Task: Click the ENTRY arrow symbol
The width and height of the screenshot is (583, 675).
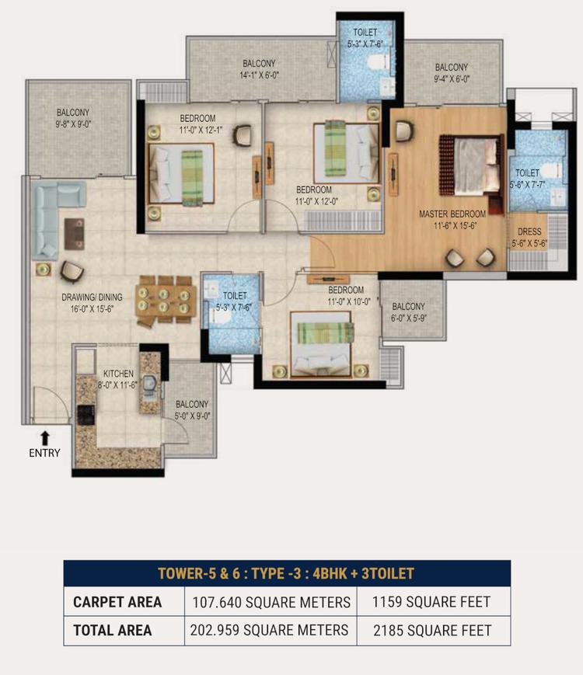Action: pyautogui.click(x=44, y=438)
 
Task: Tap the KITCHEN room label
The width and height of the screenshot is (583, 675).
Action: pyautogui.click(x=118, y=374)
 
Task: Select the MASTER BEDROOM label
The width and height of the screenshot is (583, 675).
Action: pyautogui.click(x=452, y=214)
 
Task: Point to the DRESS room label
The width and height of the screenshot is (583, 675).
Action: pyautogui.click(x=529, y=231)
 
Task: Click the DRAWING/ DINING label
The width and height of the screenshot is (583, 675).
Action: pyautogui.click(x=92, y=297)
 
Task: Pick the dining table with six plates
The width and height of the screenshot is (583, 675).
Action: pyautogui.click(x=164, y=299)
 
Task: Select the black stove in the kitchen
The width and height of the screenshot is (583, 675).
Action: pyautogui.click(x=86, y=415)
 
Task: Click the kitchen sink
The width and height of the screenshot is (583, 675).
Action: pyautogui.click(x=149, y=386)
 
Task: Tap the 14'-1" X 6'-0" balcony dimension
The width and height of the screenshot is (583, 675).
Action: pyautogui.click(x=259, y=75)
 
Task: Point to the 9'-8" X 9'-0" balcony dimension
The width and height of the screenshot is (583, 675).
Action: pyautogui.click(x=74, y=124)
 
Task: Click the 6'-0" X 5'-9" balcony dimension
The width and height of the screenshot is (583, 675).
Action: pyautogui.click(x=408, y=318)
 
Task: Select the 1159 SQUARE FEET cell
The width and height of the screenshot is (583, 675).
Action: pyautogui.click(x=431, y=602)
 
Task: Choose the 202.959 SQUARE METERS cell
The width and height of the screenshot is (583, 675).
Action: pyautogui.click(x=269, y=630)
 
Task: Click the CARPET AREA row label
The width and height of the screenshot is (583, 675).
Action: pyautogui.click(x=117, y=602)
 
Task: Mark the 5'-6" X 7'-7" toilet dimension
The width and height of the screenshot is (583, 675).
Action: pyautogui.click(x=527, y=185)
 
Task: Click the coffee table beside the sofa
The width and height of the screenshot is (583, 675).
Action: pyautogui.click(x=74, y=234)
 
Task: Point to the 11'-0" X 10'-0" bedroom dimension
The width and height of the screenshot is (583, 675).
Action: pyautogui.click(x=348, y=302)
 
